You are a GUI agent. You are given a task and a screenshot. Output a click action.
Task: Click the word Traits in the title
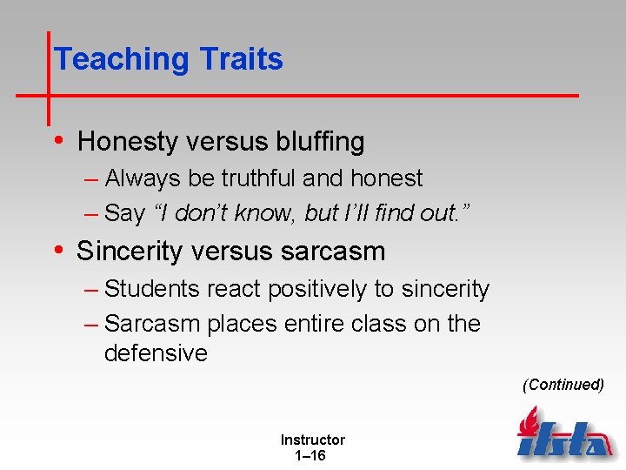(x=241, y=59)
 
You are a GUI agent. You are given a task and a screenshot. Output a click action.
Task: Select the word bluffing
(x=318, y=141)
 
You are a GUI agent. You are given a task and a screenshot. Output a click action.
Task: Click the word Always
(x=143, y=178)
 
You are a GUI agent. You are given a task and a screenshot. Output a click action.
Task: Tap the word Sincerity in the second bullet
(x=130, y=252)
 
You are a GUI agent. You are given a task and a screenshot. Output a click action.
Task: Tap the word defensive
(x=156, y=353)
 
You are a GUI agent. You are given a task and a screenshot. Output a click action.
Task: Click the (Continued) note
(x=563, y=385)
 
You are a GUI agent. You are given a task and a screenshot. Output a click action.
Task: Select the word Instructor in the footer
(x=312, y=440)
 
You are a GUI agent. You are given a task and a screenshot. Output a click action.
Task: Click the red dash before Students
(x=92, y=289)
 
